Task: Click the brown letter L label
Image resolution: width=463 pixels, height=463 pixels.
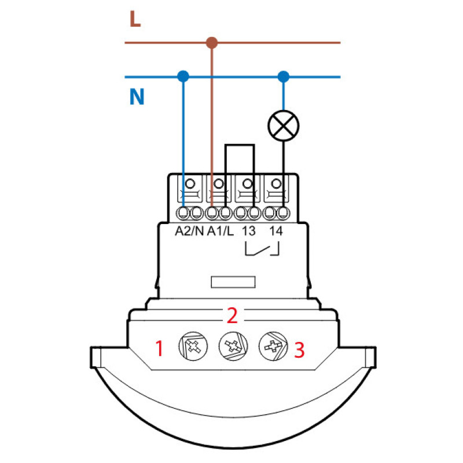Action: point(135,19)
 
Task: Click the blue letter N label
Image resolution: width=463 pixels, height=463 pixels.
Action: point(137,97)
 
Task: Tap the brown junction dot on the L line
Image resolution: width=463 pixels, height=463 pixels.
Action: point(212,43)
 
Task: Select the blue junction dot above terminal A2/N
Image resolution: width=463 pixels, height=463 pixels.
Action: point(183,76)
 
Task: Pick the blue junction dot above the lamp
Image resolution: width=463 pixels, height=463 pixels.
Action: point(284,77)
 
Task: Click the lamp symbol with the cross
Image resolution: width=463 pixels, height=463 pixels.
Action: point(284,126)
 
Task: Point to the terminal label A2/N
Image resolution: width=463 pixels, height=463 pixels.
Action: point(189,231)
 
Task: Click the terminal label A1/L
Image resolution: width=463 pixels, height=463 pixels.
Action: point(221,231)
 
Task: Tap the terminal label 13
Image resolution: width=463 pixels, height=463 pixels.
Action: point(249,231)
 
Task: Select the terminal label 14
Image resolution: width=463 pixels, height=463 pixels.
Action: point(276,231)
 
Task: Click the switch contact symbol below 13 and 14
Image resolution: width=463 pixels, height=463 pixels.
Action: point(262,249)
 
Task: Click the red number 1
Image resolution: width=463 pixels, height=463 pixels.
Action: point(160,348)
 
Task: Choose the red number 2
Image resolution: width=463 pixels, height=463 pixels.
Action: point(232,315)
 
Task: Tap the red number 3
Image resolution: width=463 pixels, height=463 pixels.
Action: point(299,350)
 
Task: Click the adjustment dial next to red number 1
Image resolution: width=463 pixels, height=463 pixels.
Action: point(193,346)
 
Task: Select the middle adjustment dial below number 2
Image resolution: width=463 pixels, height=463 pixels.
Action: point(233,346)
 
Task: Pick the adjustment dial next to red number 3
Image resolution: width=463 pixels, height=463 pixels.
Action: point(273,346)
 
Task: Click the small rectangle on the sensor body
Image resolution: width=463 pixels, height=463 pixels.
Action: point(233,282)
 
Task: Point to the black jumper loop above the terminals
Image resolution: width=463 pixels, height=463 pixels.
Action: point(240,145)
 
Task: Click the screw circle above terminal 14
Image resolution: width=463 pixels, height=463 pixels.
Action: point(277,183)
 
